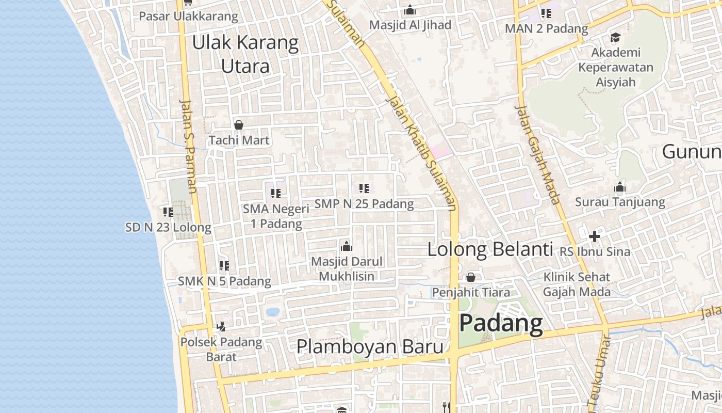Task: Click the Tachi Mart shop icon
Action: tap(239, 125)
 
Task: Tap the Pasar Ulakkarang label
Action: tap(189, 16)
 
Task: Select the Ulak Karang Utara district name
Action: tap(245, 54)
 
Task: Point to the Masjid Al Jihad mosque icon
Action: tap(410, 10)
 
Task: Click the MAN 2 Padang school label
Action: tap(546, 28)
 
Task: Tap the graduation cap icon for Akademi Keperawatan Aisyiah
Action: tap(615, 38)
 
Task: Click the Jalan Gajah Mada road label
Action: tap(537, 154)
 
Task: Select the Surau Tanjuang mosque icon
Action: tap(620, 187)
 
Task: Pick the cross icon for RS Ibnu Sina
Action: tap(595, 236)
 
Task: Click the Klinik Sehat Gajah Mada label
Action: tap(577, 284)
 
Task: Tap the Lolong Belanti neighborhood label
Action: tap(490, 249)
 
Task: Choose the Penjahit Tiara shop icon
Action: tap(471, 277)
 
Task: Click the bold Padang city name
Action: tap(501, 324)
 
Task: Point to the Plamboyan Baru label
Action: tap(370, 346)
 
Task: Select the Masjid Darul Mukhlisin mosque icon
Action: tap(347, 246)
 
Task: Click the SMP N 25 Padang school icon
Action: tap(364, 188)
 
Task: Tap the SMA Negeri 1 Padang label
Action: tap(276, 216)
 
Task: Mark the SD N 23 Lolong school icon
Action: tap(168, 212)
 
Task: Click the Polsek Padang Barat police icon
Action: tap(221, 327)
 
